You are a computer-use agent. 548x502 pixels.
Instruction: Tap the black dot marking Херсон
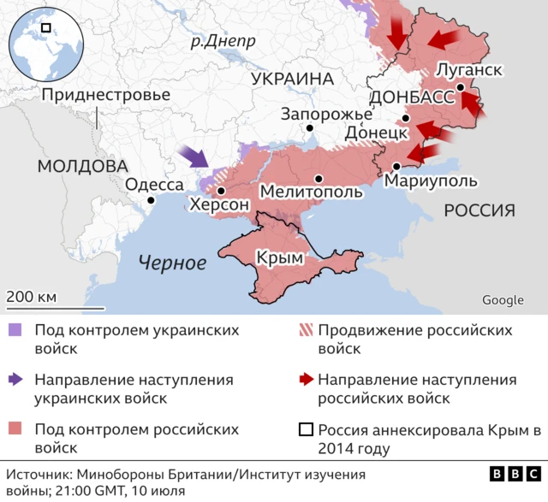tap(221, 192)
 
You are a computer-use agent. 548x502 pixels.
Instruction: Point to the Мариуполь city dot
tap(396, 166)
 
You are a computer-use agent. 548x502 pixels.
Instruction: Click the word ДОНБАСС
tap(411, 97)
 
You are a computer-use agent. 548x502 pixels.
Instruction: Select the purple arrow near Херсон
tap(195, 157)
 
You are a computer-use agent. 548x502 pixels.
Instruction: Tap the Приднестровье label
tap(105, 94)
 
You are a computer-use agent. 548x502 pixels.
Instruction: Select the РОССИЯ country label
tap(479, 210)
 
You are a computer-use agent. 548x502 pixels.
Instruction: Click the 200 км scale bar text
tap(32, 297)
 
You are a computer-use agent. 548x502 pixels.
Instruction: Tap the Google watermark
tap(503, 299)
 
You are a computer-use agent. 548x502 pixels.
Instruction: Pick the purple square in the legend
tap(15, 330)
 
